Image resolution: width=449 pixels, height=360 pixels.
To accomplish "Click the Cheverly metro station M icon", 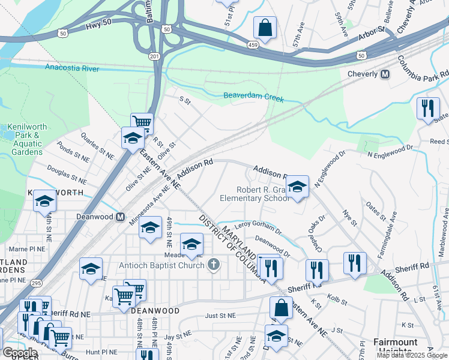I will [x=385, y=74].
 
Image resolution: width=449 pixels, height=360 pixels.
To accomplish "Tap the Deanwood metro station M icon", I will [x=120, y=217].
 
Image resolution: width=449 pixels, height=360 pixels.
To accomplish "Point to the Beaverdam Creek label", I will [x=253, y=96].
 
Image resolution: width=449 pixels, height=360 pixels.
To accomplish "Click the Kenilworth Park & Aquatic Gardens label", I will [x=23, y=139].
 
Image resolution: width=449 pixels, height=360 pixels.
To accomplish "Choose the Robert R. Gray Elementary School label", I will [x=254, y=194].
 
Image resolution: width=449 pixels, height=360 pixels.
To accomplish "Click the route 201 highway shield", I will [x=155, y=56].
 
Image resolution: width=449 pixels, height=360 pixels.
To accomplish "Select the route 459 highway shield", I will [x=255, y=44].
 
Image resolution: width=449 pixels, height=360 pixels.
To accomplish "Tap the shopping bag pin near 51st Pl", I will [x=264, y=27].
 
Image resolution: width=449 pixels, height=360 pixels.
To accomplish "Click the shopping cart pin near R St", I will [x=142, y=123].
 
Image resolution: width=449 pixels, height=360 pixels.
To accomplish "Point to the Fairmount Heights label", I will [x=395, y=346].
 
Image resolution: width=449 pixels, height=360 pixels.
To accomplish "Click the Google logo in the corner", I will [x=20, y=353].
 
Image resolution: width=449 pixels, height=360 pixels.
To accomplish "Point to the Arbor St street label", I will [x=372, y=29].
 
